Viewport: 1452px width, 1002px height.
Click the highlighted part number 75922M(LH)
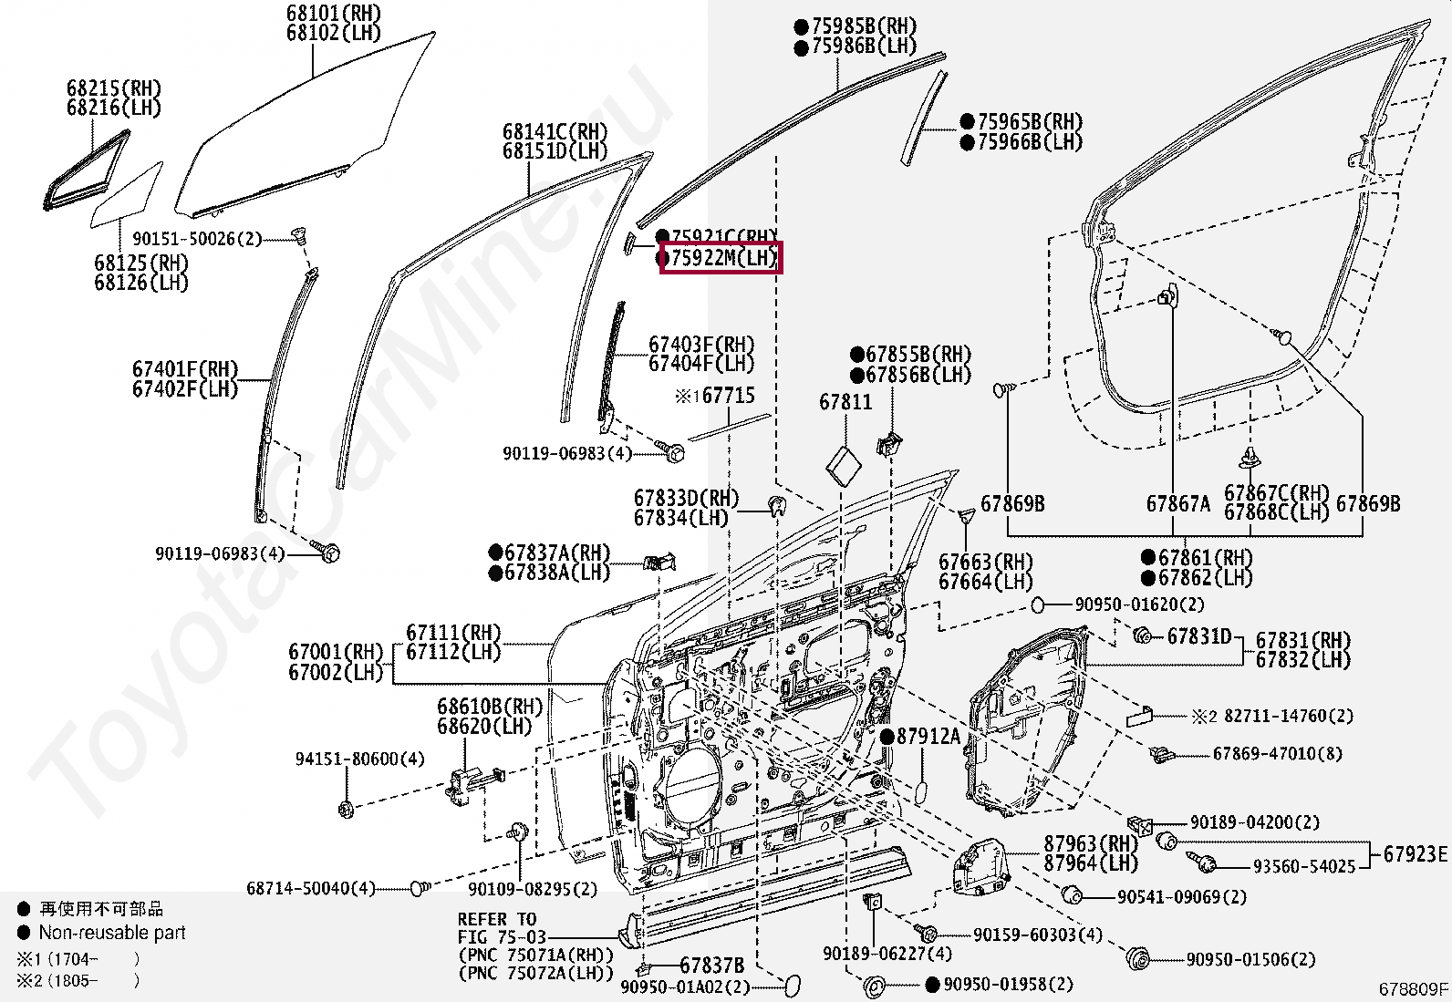(721, 258)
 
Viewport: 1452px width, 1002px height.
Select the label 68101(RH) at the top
(333, 14)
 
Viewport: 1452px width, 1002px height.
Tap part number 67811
(845, 402)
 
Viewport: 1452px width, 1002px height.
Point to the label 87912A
(928, 737)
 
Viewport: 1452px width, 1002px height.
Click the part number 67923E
(1415, 854)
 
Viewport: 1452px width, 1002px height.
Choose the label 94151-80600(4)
(359, 759)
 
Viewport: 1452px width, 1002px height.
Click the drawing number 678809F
(1413, 988)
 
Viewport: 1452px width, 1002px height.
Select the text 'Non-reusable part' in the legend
(111, 933)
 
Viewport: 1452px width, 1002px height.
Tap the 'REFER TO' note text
(497, 919)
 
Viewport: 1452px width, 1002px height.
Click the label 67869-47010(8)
(1277, 754)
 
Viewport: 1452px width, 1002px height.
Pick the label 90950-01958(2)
(1008, 985)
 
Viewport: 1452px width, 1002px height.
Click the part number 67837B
(711, 966)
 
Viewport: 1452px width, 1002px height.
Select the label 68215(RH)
(113, 88)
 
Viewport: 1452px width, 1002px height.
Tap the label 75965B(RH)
(1030, 122)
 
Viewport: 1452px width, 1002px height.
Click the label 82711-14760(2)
(1288, 717)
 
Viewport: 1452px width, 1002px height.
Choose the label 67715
(728, 396)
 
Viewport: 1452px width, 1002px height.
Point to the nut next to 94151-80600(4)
(346, 808)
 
